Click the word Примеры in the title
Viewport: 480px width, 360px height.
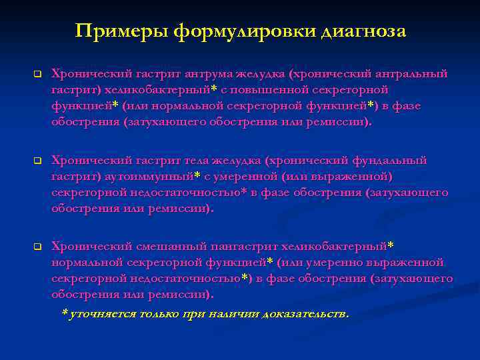121,31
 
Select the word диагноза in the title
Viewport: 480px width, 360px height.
363,31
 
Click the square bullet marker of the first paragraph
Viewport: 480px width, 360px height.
37,73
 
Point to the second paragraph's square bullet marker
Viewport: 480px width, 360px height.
37,161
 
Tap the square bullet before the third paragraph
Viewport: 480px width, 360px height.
37,247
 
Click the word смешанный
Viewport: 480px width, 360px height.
149,247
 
